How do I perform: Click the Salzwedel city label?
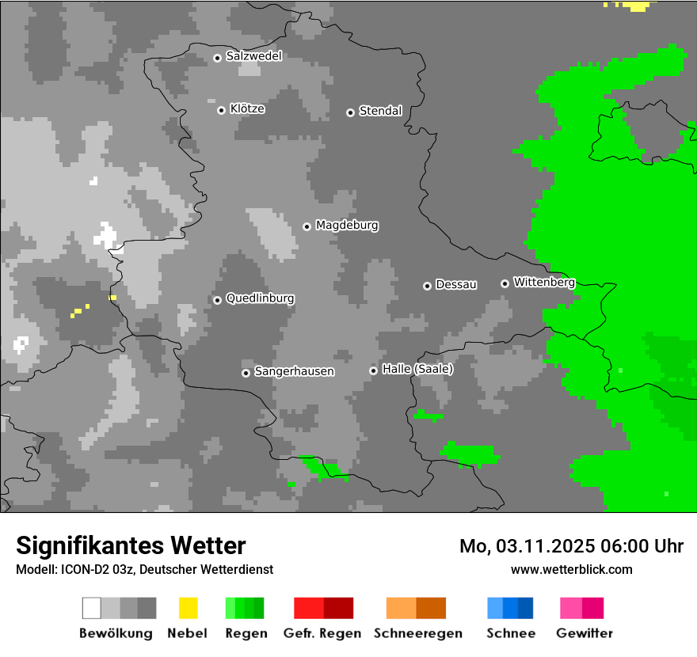253,56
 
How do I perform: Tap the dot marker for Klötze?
221,110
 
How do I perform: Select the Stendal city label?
380,111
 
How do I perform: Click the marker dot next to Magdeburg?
307,226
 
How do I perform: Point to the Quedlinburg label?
260,298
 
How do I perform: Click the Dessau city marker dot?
427,286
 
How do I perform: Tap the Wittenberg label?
543,282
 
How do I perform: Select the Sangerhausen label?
294,371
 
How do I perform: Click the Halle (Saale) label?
417,369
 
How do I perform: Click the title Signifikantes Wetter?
131,545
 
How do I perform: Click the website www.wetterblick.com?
571,569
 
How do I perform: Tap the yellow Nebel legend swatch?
188,608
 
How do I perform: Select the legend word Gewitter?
584,633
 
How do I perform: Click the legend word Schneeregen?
417,633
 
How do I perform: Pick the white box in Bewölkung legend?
92,608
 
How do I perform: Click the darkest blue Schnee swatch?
525,608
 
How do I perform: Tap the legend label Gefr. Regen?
322,633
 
